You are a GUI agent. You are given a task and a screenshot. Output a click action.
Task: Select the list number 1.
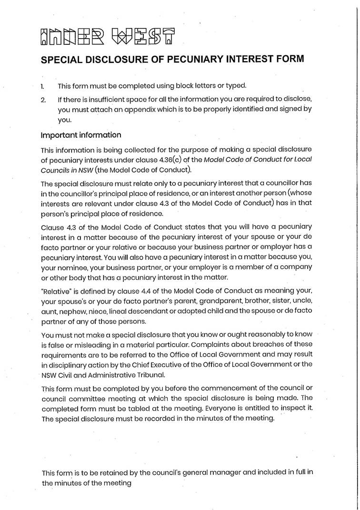pyautogui.click(x=42, y=86)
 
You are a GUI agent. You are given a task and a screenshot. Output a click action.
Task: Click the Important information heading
pyautogui.click(x=81, y=135)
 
